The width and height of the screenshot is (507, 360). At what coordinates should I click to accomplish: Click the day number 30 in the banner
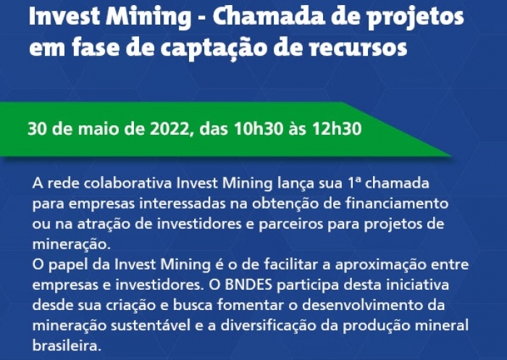click(37, 130)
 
